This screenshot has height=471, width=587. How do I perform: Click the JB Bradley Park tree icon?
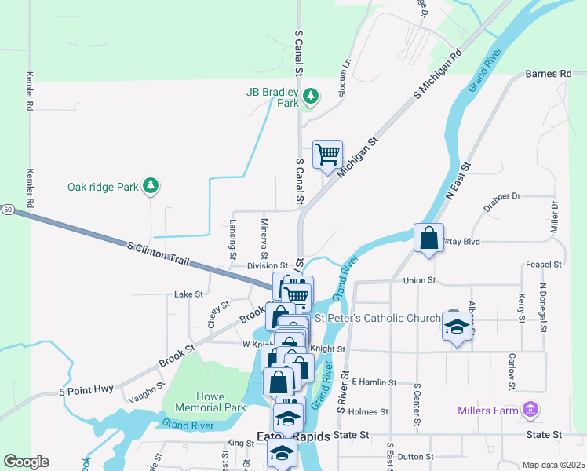(x=312, y=97)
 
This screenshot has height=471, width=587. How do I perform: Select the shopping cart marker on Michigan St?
(x=326, y=154)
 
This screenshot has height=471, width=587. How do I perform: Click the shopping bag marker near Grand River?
(x=428, y=238)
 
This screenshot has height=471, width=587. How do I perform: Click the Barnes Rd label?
(x=549, y=74)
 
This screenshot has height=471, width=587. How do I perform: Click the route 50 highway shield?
(x=7, y=210)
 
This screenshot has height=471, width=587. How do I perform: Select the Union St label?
(x=418, y=280)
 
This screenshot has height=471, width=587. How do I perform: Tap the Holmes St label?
(x=368, y=411)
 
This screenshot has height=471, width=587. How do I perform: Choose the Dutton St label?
(x=415, y=455)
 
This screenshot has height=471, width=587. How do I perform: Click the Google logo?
(x=26, y=462)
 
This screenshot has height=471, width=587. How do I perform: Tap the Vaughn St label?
(x=147, y=390)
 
